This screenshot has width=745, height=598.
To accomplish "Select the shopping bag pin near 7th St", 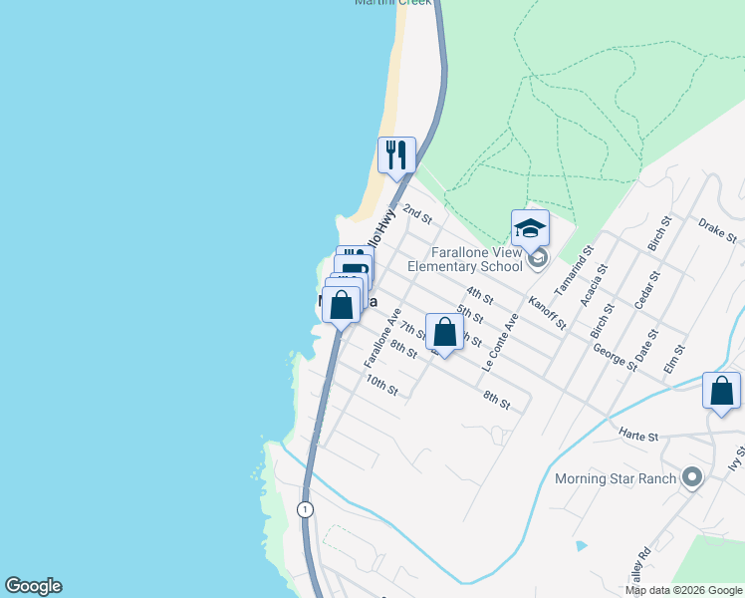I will click(445, 332).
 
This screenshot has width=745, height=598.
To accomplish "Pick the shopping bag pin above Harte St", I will click(721, 391).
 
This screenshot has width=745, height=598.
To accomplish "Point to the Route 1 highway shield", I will click(304, 509).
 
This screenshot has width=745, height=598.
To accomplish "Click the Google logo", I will click(33, 586).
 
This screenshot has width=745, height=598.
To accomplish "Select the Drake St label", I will click(717, 231).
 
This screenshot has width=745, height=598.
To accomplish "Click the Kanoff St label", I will click(548, 312).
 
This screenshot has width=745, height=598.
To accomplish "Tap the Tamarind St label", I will click(586, 265).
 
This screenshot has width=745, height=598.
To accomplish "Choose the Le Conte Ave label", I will click(501, 344).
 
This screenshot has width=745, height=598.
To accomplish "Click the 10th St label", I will click(380, 385).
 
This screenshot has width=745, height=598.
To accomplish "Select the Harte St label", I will click(638, 436).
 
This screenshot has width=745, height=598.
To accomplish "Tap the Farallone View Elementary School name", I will click(465, 260).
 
